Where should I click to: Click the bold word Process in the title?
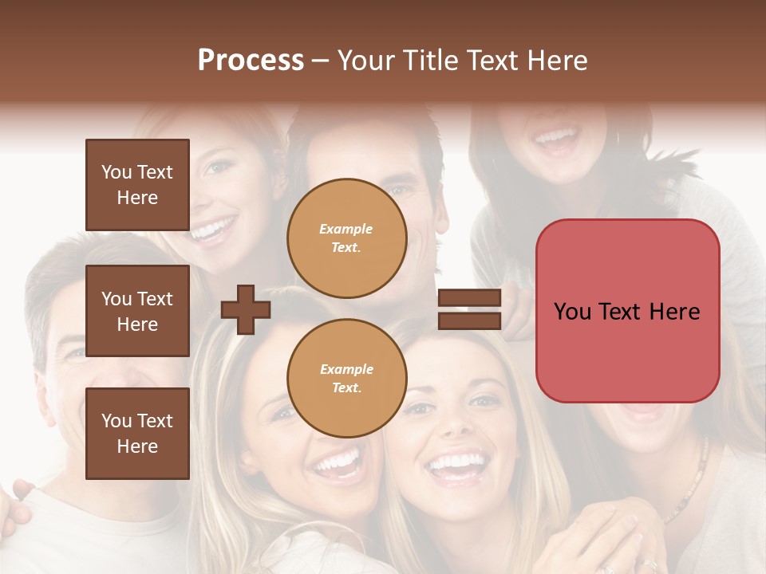[x=251, y=61]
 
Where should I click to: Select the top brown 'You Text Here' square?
[x=137, y=185]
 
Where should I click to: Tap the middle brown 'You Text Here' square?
[x=137, y=311]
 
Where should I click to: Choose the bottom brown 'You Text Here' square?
[x=137, y=434]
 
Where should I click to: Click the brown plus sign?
[x=246, y=309]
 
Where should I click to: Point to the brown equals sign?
[x=469, y=309]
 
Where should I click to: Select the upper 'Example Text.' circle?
[x=347, y=238]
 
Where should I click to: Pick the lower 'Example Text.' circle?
[x=347, y=378]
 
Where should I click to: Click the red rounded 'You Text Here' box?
[x=627, y=311]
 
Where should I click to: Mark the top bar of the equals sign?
[x=469, y=298]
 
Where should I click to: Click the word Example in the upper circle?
[x=345, y=229]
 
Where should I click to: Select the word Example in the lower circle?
[x=346, y=369]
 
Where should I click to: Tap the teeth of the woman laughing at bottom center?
[x=456, y=462]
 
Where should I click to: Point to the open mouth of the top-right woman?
[x=557, y=140]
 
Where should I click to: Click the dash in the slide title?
[x=321, y=61]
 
